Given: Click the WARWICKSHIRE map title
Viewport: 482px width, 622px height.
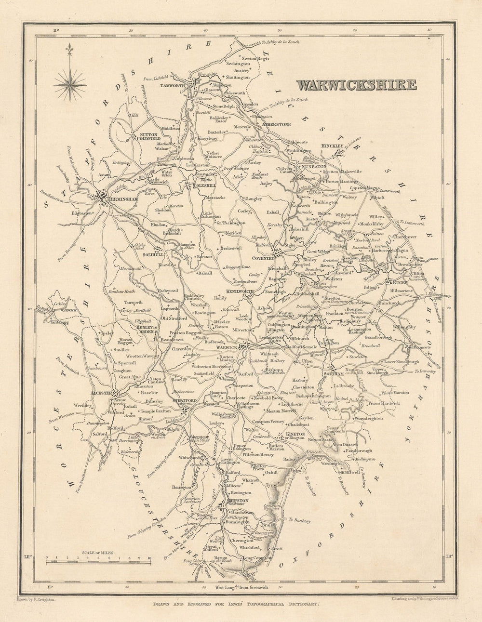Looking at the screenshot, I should pos(356,85).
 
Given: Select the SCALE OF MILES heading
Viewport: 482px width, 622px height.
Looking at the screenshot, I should pos(98,552).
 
